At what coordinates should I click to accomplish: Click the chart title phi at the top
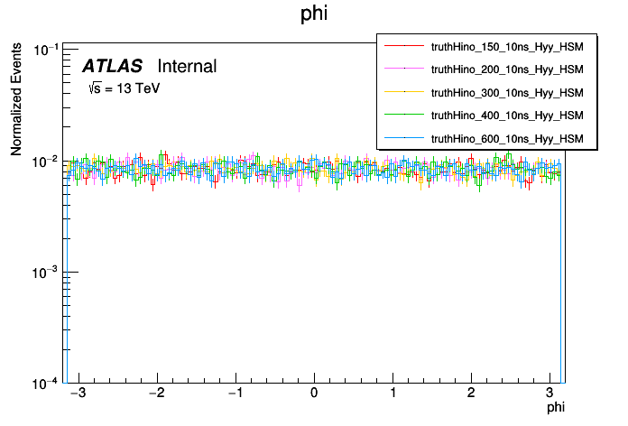click(x=314, y=14)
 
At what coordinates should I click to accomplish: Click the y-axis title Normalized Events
click(x=16, y=99)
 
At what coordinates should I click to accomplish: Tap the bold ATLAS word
click(x=112, y=66)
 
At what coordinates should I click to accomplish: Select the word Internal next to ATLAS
click(x=187, y=66)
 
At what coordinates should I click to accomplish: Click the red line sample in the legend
click(x=403, y=45)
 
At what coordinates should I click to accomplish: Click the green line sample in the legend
click(x=403, y=116)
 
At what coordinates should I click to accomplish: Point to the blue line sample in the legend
click(x=403, y=138)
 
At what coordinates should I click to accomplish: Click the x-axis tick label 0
click(x=314, y=394)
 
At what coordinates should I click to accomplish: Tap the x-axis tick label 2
click(x=471, y=394)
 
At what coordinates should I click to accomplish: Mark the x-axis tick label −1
click(x=233, y=394)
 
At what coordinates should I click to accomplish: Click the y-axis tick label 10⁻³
click(x=44, y=272)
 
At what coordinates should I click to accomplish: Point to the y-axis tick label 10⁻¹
click(x=44, y=49)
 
